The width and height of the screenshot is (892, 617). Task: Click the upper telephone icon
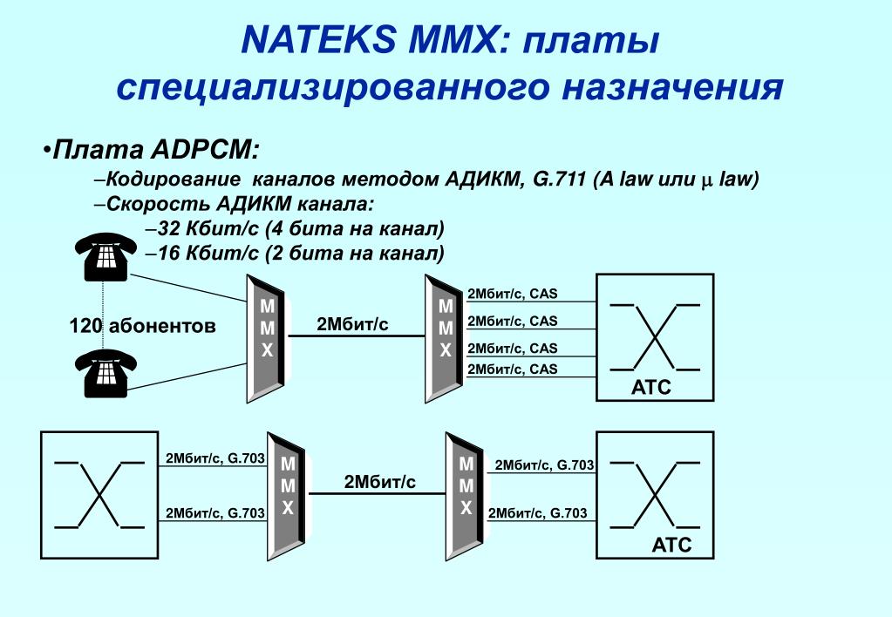pyautogui.click(x=105, y=254)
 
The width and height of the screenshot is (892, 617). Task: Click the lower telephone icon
pyautogui.click(x=105, y=372)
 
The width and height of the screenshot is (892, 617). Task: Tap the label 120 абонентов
pyautogui.click(x=142, y=326)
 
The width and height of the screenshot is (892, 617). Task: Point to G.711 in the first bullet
pyautogui.click(x=559, y=180)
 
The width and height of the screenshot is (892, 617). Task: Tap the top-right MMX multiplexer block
pyautogui.click(x=445, y=337)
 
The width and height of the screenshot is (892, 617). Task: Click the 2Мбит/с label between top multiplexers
pyautogui.click(x=352, y=324)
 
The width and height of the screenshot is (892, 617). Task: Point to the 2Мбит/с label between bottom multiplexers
pyautogui.click(x=379, y=482)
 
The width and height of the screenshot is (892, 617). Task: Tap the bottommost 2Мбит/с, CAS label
pyautogui.click(x=512, y=370)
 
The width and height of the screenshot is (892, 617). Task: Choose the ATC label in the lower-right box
pyautogui.click(x=671, y=546)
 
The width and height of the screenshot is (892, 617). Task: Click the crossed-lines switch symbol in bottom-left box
pyautogui.click(x=99, y=494)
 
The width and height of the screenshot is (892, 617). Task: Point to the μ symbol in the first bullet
pyautogui.click(x=707, y=181)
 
